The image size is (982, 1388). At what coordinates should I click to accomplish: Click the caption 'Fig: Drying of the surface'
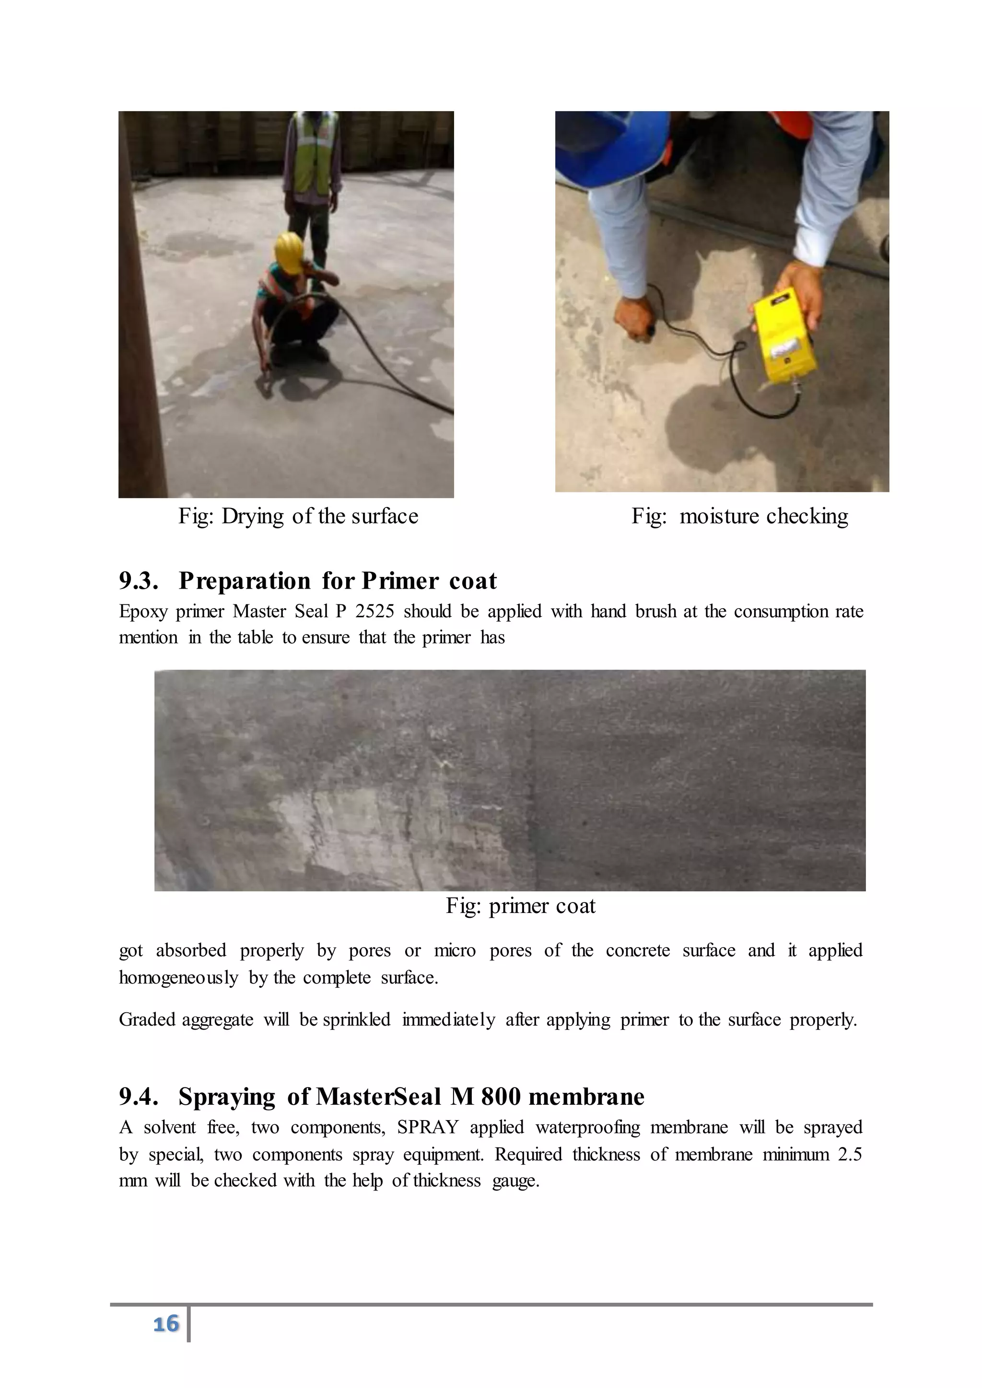pos(298,516)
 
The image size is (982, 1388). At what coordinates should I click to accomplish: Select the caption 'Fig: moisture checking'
pos(739,516)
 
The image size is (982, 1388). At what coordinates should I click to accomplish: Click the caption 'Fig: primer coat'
pos(521,905)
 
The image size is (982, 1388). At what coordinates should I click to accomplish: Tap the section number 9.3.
pos(139,581)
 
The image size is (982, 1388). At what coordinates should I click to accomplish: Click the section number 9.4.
pos(139,1097)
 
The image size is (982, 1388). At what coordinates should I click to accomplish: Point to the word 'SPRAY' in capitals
pos(428,1127)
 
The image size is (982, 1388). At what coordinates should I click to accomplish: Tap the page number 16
pos(166,1324)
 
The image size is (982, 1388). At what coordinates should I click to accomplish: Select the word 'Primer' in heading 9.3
pos(400,581)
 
